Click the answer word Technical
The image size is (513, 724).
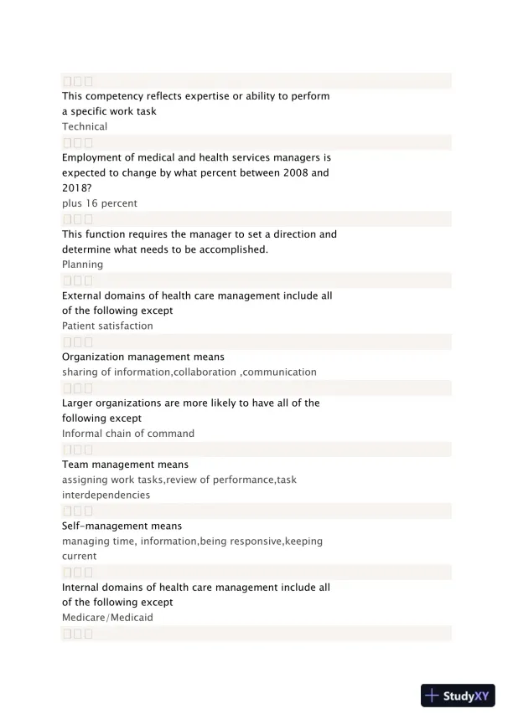point(85,126)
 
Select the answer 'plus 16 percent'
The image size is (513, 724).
point(100,203)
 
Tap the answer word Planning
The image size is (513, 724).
point(83,264)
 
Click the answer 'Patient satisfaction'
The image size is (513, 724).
point(107,326)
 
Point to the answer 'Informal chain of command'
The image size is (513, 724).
point(128,434)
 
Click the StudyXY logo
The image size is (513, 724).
point(458,696)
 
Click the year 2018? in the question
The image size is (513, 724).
point(76,188)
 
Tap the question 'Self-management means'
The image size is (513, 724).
point(122,526)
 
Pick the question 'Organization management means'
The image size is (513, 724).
point(143,357)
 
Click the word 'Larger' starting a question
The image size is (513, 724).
point(79,403)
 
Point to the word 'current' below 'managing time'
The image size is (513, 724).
point(80,556)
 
